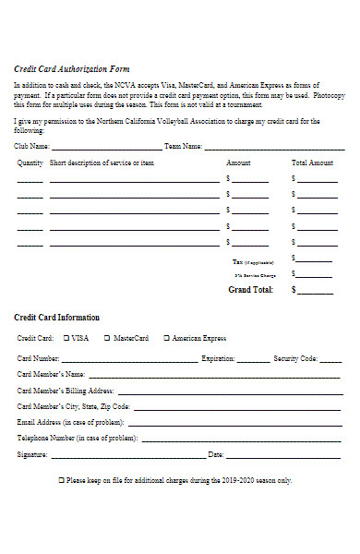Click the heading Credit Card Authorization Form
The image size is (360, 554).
[x=72, y=69]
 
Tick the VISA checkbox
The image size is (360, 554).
[x=66, y=339]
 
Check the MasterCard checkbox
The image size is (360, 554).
[x=107, y=339]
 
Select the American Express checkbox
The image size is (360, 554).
[x=166, y=339]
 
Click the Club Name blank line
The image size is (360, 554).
[x=106, y=148]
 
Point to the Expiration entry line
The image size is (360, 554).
[x=252, y=360]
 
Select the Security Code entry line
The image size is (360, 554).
[x=330, y=360]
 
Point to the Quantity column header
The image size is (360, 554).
[x=30, y=163]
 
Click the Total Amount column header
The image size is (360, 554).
[x=312, y=163]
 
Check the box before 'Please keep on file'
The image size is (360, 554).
[x=62, y=481]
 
